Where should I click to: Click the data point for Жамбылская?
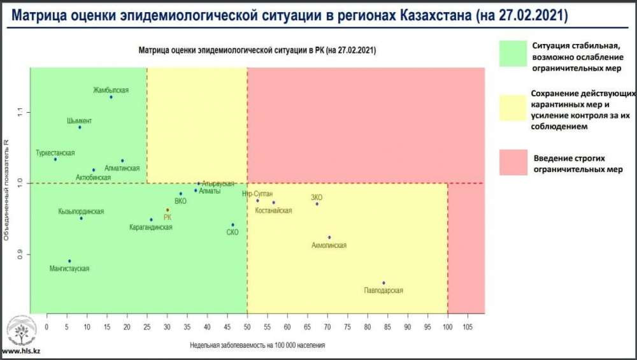pyautogui.click(x=111, y=97)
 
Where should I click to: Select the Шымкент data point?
pyautogui.click(x=80, y=127)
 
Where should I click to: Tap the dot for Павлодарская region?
pyautogui.click(x=383, y=283)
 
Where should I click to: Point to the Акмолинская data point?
pyautogui.click(x=329, y=238)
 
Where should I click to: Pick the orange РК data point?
pyautogui.click(x=168, y=210)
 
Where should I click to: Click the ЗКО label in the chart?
pyautogui.click(x=317, y=197)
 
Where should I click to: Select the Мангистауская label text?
pyautogui.click(x=69, y=269)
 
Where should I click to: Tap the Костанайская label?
pyautogui.click(x=273, y=211)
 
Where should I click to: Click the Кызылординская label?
pyautogui.click(x=81, y=212)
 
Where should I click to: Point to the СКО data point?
pyautogui.click(x=233, y=225)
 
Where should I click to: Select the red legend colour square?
pyautogui.click(x=513, y=162)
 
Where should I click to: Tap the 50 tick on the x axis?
pyautogui.click(x=247, y=326)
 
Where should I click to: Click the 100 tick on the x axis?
pyautogui.click(x=448, y=326)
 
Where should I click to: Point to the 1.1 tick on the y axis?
pyautogui.click(x=20, y=112)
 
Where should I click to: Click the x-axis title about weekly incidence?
pyautogui.click(x=257, y=345)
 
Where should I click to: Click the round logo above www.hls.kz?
pyautogui.click(x=18, y=331)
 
